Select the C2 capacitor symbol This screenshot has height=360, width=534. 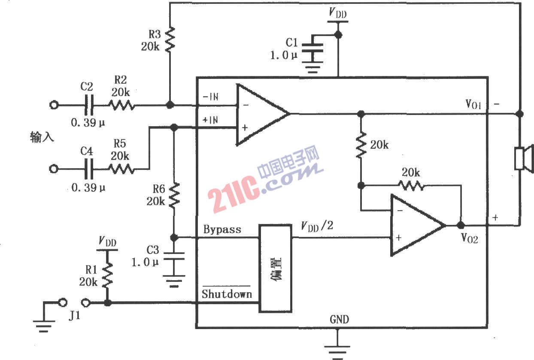pyautogui.click(x=89, y=105)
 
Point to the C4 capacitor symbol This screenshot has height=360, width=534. pyautogui.click(x=89, y=169)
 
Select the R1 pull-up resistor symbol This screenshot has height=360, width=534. pyautogui.click(x=107, y=275)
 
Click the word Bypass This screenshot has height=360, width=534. pyautogui.click(x=222, y=230)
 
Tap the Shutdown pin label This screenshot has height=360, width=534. pyautogui.click(x=226, y=294)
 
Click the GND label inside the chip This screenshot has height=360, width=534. pyautogui.click(x=339, y=319)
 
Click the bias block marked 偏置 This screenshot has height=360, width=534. pyautogui.click(x=275, y=268)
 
